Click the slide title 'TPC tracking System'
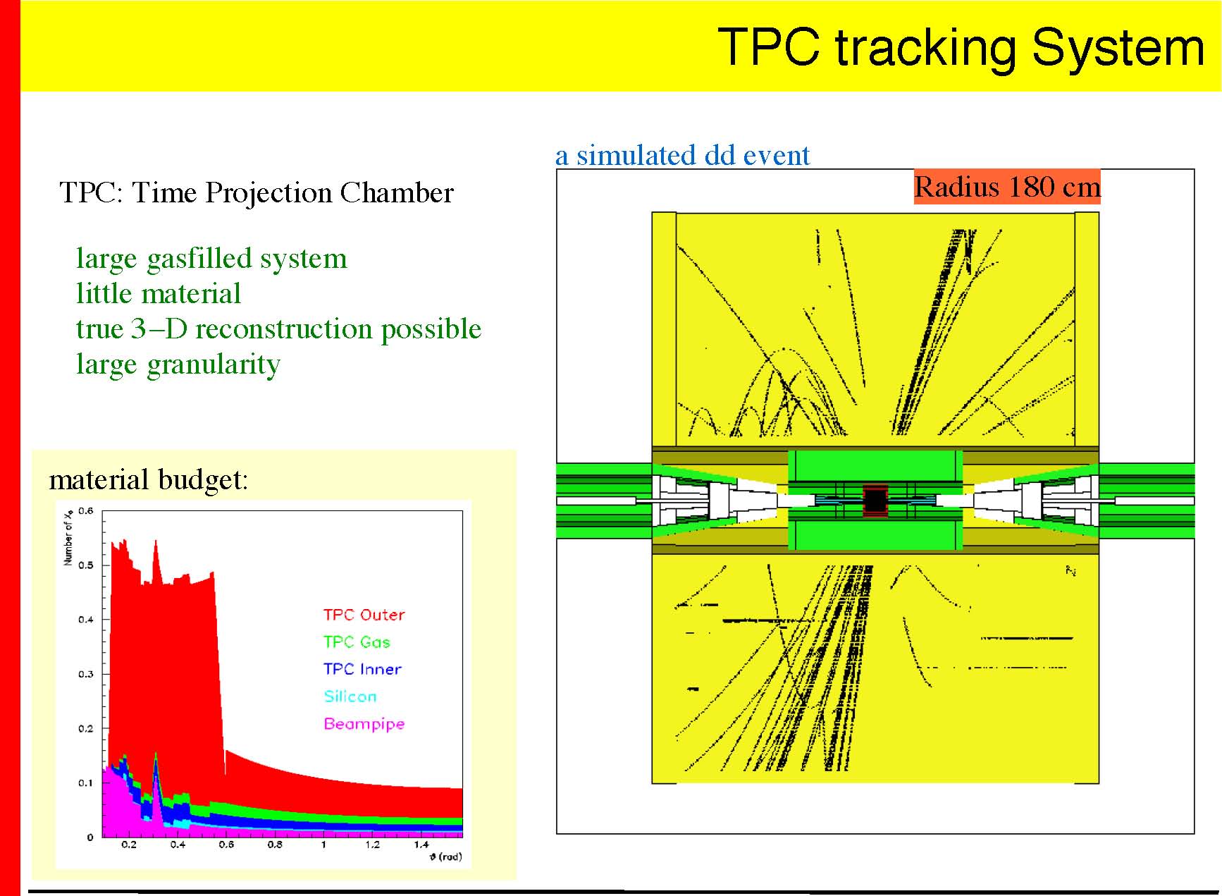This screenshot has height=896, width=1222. pyautogui.click(x=961, y=47)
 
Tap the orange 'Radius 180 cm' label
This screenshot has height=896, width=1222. pyautogui.click(x=1007, y=187)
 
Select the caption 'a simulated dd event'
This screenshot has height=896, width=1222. pyautogui.click(x=682, y=155)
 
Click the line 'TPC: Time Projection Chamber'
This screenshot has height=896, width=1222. pyautogui.click(x=257, y=193)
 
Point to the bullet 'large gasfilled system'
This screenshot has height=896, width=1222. pyautogui.click(x=211, y=259)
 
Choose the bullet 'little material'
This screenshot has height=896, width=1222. pyautogui.click(x=159, y=293)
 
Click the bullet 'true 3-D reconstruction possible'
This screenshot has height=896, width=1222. pyautogui.click(x=278, y=329)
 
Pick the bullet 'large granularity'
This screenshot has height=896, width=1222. pyautogui.click(x=178, y=365)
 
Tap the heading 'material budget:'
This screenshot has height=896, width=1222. pyautogui.click(x=149, y=479)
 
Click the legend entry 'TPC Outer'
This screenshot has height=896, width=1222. pyautogui.click(x=364, y=615)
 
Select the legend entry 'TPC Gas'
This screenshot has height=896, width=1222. pyautogui.click(x=357, y=642)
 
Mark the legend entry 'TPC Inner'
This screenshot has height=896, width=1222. pyautogui.click(x=362, y=669)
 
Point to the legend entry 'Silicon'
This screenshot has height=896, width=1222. pyautogui.click(x=350, y=696)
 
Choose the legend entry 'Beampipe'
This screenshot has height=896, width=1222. pyautogui.click(x=364, y=724)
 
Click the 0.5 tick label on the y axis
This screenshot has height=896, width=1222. pyautogui.click(x=85, y=565)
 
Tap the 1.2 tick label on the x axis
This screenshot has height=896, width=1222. pyautogui.click(x=372, y=845)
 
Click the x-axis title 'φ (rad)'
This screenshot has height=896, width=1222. pyautogui.click(x=446, y=857)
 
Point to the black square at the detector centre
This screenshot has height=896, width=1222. pyautogui.click(x=875, y=501)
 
